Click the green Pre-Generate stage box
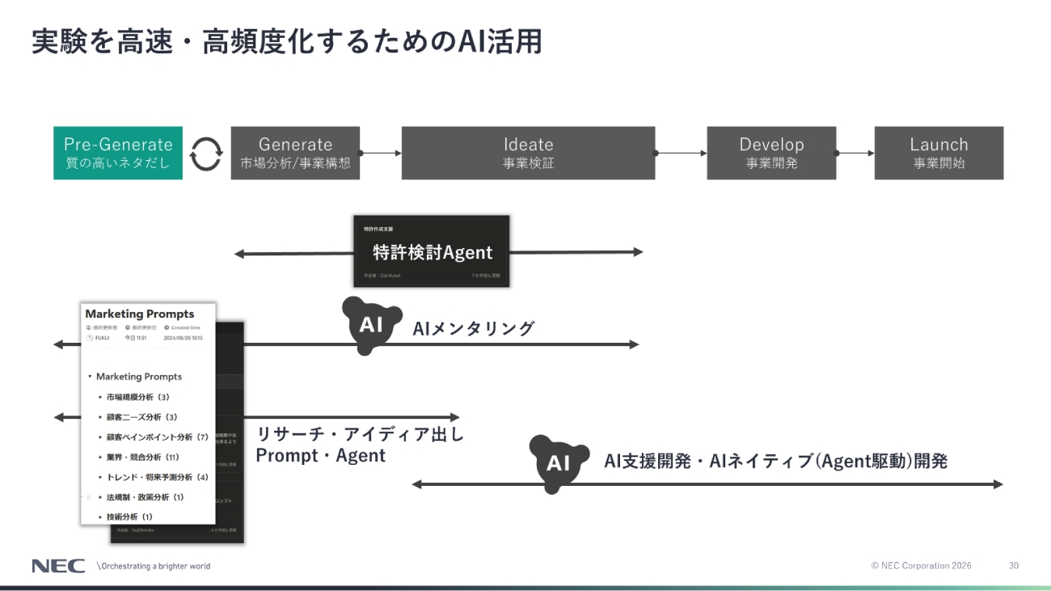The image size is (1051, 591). tap(118, 153)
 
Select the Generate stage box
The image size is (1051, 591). tap(295, 153)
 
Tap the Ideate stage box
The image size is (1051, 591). tap(528, 153)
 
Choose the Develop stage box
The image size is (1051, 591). tap(771, 153)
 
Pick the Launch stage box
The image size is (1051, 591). tap(939, 153)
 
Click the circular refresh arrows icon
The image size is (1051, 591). tap(206, 153)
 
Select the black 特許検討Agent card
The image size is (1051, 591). tap(432, 251)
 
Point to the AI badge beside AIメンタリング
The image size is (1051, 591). tap(371, 325)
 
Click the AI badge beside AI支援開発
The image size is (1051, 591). tap(559, 463)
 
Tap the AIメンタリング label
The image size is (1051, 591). tap(474, 328)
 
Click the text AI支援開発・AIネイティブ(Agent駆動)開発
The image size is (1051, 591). tap(775, 462)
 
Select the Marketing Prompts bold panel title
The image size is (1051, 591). tap(140, 314)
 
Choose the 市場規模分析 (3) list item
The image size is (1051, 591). tap(137, 397)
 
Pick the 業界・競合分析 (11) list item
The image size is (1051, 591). tap(142, 457)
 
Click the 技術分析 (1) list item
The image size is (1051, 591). tap(129, 517)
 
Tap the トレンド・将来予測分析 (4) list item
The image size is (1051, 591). tap(157, 477)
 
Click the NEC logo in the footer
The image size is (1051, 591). tap(58, 566)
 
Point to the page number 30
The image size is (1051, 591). tap(1014, 566)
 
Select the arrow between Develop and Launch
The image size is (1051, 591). tap(855, 153)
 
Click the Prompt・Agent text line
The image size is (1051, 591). tap(321, 456)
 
